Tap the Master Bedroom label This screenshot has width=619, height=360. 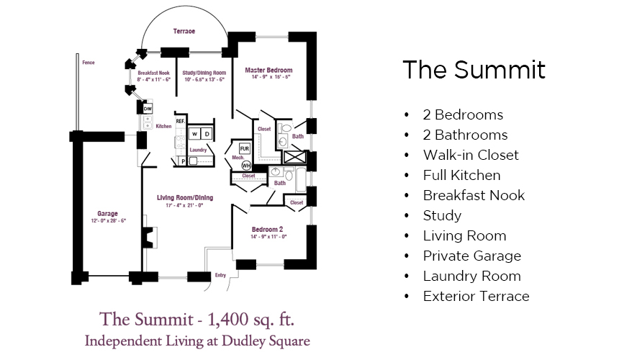click(x=268, y=71)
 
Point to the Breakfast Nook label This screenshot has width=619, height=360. click(x=153, y=73)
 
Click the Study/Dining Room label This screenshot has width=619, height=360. click(x=204, y=73)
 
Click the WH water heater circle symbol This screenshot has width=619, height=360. click(x=236, y=165)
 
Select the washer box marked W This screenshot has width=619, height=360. click(x=194, y=134)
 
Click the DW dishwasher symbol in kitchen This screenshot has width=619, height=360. click(x=148, y=109)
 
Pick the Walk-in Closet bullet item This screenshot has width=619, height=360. click(x=470, y=155)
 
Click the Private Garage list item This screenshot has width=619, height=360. click(x=471, y=256)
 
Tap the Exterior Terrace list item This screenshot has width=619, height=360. click(x=476, y=296)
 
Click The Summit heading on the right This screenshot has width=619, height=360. click(x=474, y=70)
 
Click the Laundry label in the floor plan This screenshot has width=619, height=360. click(x=198, y=150)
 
